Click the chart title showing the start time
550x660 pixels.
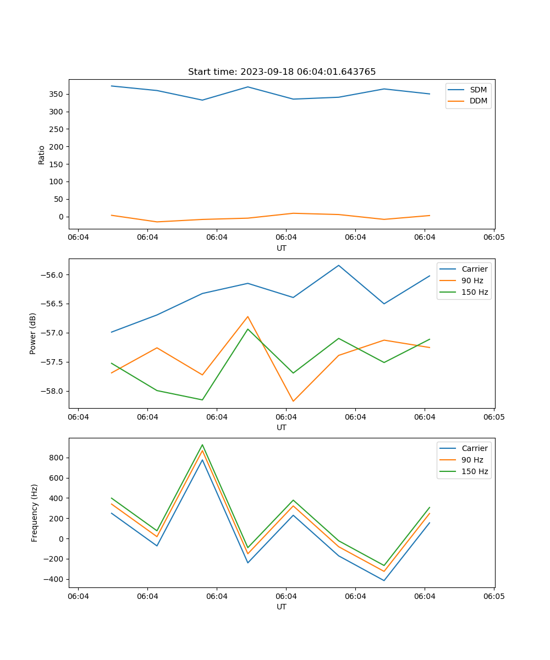(x=282, y=72)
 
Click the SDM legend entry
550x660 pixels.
(x=478, y=90)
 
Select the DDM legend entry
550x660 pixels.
(x=478, y=101)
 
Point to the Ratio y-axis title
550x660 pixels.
(x=42, y=155)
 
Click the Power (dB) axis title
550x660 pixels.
(x=33, y=333)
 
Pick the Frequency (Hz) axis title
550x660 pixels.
(x=35, y=513)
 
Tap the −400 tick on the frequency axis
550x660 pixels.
(x=54, y=579)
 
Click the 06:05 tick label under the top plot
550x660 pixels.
(x=493, y=238)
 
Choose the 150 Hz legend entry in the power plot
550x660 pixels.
(x=474, y=292)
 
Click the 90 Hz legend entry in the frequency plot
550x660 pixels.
(x=472, y=460)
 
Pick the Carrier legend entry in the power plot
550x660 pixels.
(x=474, y=269)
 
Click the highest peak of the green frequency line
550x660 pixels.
(x=202, y=445)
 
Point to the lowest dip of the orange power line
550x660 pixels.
(x=293, y=401)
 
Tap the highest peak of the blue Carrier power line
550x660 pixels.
(x=339, y=266)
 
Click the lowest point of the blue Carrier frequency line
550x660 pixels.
(x=384, y=580)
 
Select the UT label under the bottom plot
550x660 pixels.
(x=282, y=607)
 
